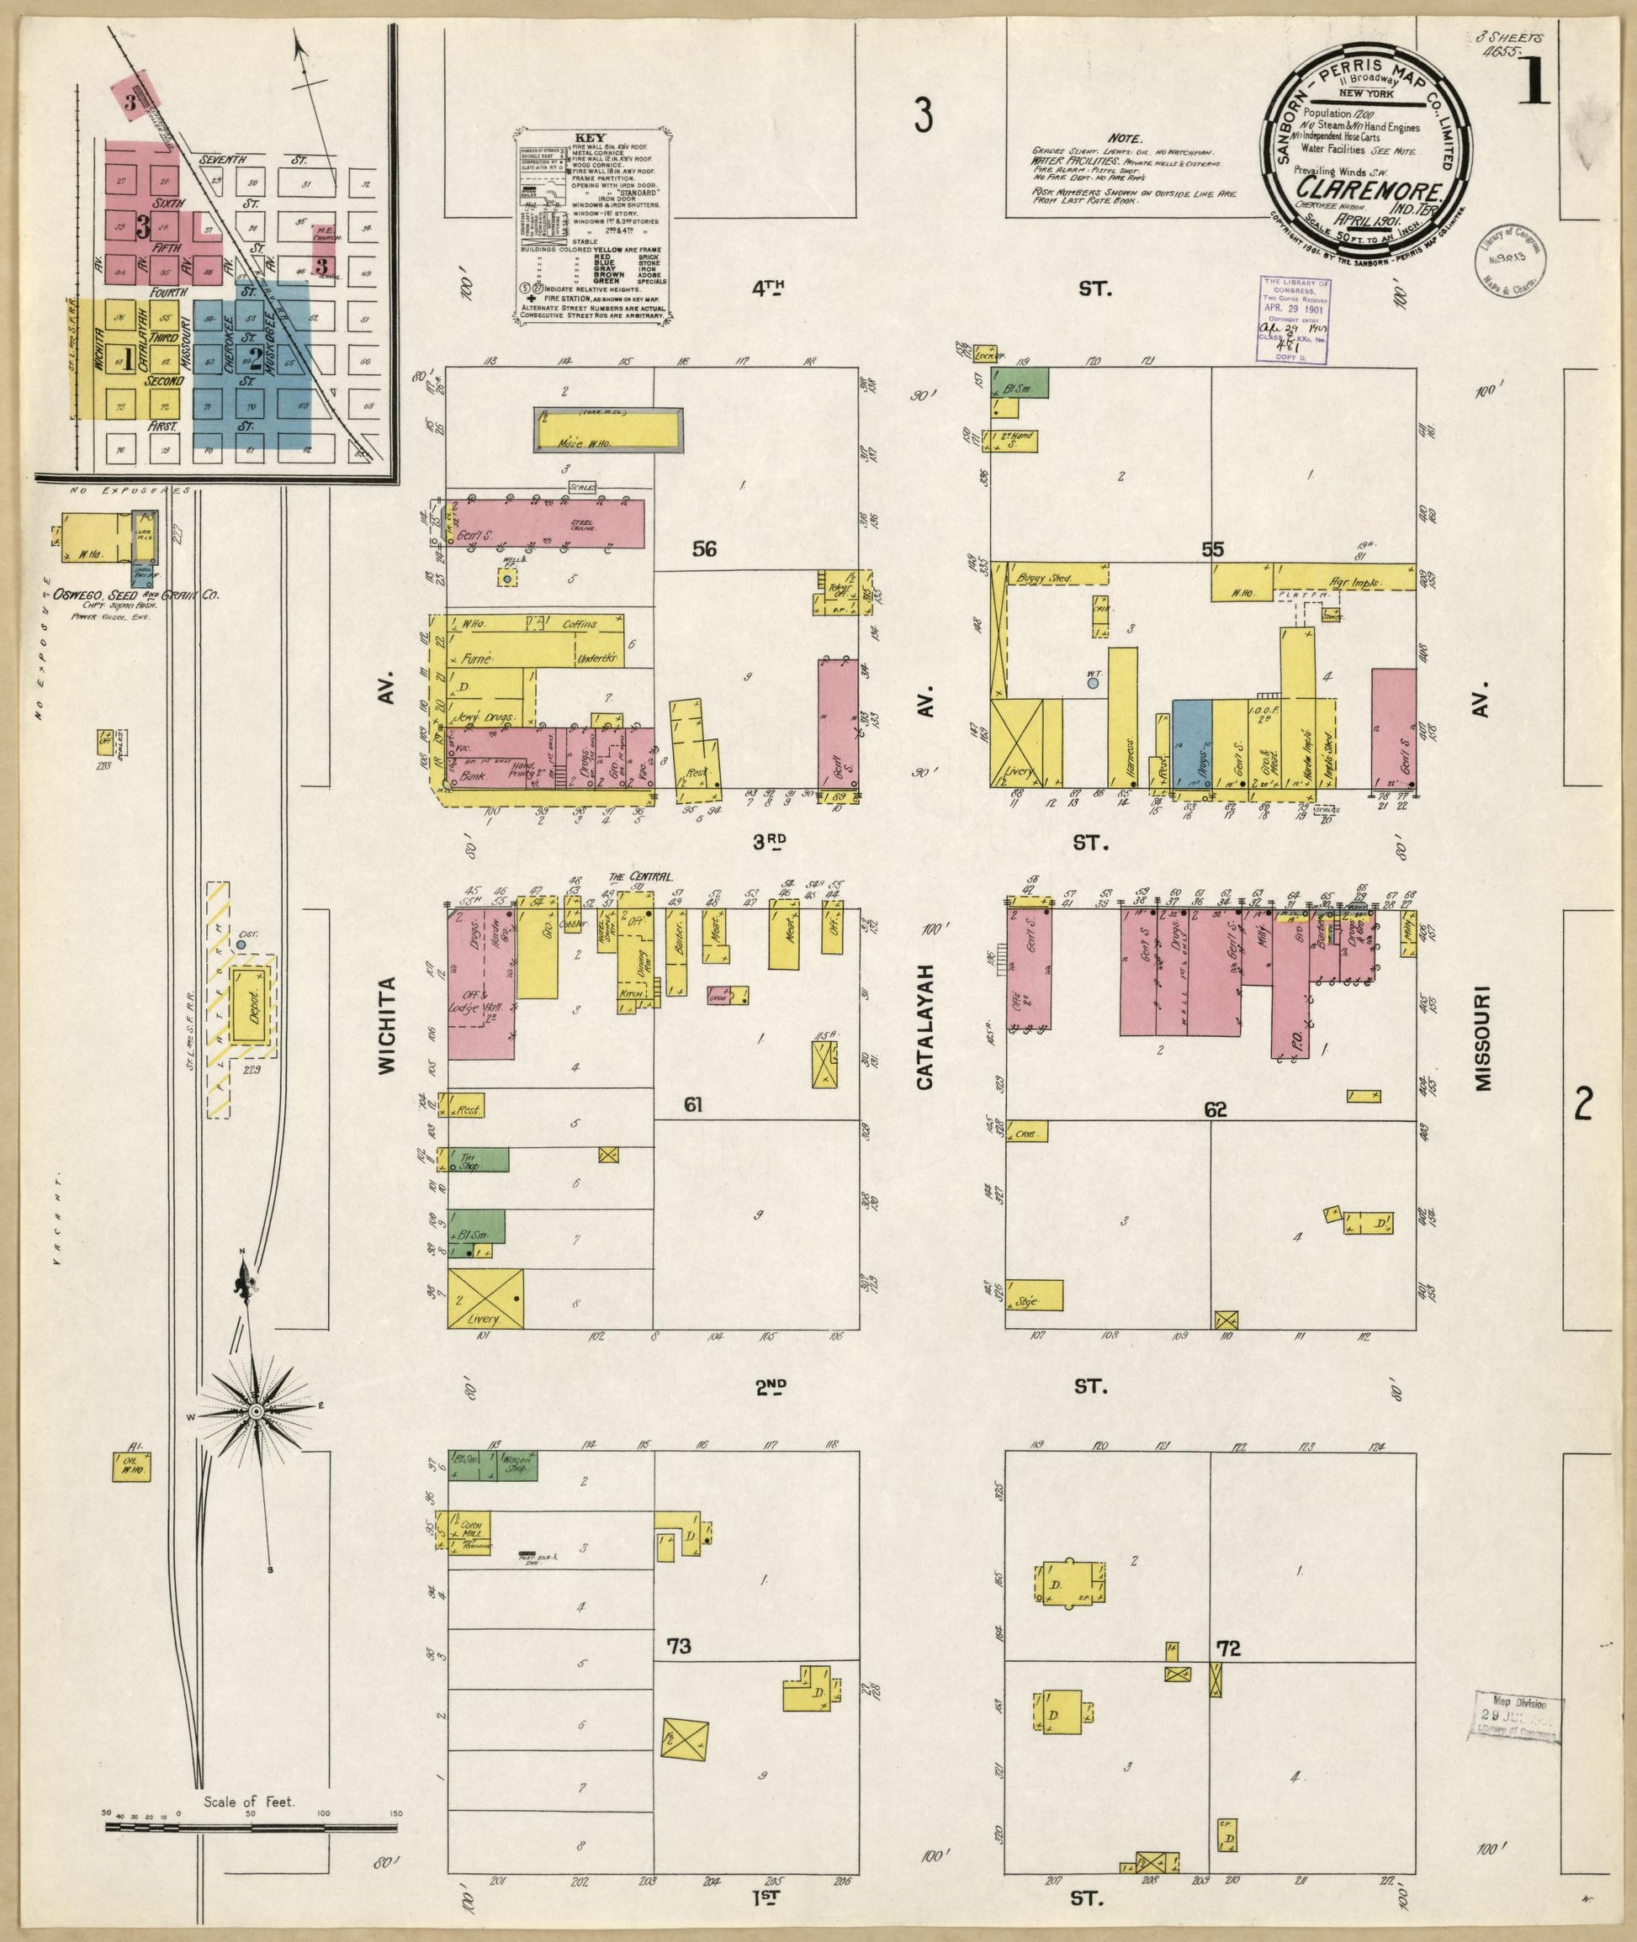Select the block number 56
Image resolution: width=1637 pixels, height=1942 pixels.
click(x=704, y=549)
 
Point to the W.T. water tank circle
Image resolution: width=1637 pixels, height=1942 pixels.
click(x=1092, y=683)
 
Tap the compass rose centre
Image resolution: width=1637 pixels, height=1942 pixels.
click(x=253, y=1463)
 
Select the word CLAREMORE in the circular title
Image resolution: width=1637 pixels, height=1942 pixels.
click(x=1360, y=196)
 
